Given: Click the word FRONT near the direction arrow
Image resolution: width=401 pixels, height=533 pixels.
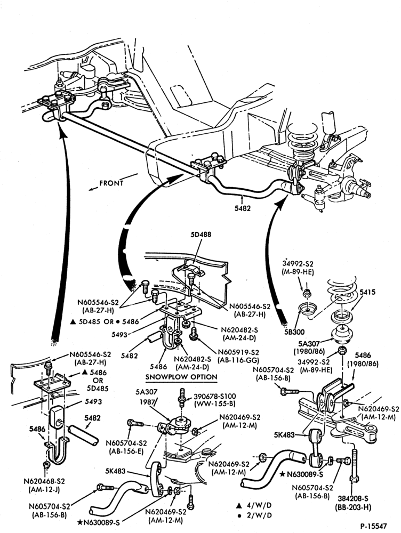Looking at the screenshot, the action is pyautogui.click(x=111, y=183).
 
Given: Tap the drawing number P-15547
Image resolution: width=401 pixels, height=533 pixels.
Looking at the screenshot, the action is pyautogui.click(x=374, y=526).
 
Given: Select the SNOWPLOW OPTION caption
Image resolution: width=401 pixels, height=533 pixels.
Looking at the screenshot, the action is pyautogui.click(x=181, y=377).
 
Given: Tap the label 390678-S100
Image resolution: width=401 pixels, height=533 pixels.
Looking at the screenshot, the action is pyautogui.click(x=214, y=397).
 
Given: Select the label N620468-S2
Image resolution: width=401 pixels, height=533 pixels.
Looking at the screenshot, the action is pyautogui.click(x=44, y=481).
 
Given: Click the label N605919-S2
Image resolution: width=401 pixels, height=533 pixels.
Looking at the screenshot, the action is pyautogui.click(x=238, y=352).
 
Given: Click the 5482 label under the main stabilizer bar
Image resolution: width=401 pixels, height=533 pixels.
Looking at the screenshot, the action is pyautogui.click(x=242, y=208).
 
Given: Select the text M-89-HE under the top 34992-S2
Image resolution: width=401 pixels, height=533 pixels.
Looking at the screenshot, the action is pyautogui.click(x=298, y=272).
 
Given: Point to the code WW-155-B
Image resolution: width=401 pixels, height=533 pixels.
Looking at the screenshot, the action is pyautogui.click(x=214, y=405).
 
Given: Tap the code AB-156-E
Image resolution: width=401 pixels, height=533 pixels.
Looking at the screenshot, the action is pyautogui.click(x=126, y=451).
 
